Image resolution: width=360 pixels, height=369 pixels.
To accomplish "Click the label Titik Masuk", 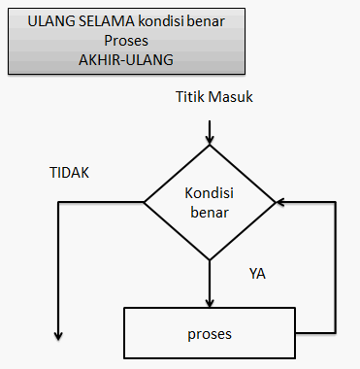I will [x=214, y=97].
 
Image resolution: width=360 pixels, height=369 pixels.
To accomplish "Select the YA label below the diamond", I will [x=257, y=273].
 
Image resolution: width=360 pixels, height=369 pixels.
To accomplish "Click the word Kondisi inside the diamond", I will [x=209, y=191].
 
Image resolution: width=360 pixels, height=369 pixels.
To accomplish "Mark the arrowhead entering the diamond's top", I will [x=209, y=141].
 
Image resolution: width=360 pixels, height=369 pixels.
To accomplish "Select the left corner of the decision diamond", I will [x=145, y=203].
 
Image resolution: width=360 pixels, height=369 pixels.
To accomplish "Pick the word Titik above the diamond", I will [x=192, y=97].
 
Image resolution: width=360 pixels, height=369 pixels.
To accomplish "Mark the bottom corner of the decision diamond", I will [x=209, y=259].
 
